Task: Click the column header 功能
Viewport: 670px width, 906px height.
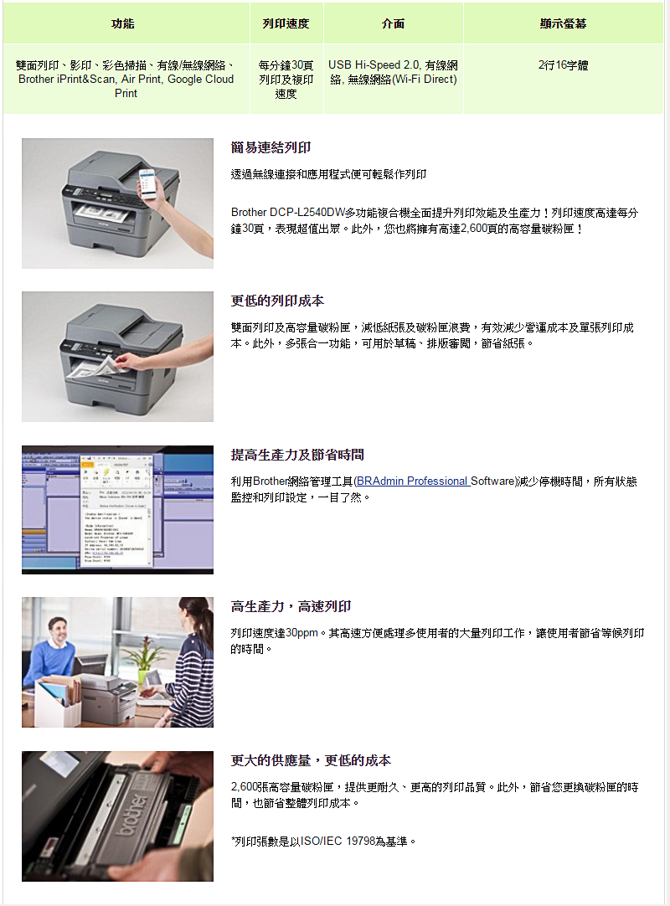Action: point(122,23)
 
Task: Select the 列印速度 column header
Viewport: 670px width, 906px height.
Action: point(286,23)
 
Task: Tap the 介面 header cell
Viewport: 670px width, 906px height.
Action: point(393,23)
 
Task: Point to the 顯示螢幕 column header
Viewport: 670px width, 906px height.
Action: point(563,23)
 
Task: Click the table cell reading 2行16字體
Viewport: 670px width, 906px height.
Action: point(563,65)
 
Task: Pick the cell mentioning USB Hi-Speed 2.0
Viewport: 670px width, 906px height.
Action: point(393,72)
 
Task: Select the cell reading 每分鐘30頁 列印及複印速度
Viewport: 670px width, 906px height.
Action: point(286,80)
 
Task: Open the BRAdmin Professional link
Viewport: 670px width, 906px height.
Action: point(412,481)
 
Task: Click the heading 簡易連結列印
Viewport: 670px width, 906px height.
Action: point(271,147)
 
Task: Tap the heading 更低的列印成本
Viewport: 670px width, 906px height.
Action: point(277,301)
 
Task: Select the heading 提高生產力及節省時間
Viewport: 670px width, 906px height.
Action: point(297,455)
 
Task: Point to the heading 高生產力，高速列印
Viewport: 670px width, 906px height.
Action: point(291,606)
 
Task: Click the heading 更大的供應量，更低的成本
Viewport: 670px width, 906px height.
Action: point(311,760)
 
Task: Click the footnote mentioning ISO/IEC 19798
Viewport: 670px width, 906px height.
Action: point(323,842)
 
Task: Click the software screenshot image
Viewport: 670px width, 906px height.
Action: point(117,510)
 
